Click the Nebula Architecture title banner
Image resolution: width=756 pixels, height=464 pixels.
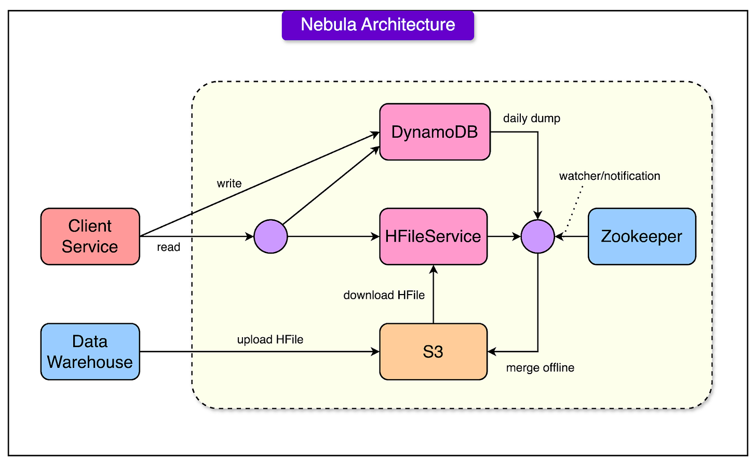pyautogui.click(x=377, y=25)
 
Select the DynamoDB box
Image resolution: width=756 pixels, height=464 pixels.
pyautogui.click(x=435, y=132)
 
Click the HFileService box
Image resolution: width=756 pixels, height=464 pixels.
pyautogui.click(x=433, y=236)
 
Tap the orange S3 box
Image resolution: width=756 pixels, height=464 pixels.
pyautogui.click(x=433, y=352)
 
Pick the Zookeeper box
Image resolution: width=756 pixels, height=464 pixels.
pyautogui.click(x=641, y=236)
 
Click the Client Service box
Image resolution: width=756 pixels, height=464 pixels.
pyautogui.click(x=90, y=236)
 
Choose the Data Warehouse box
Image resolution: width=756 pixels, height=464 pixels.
pyautogui.click(x=90, y=352)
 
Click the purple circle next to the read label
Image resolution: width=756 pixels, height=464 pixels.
pyautogui.click(x=271, y=236)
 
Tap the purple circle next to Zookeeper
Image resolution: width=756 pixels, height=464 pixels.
pyautogui.click(x=538, y=236)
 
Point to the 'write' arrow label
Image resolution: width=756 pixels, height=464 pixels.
pyautogui.click(x=229, y=183)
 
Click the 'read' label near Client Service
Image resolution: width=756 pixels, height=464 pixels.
pyautogui.click(x=168, y=247)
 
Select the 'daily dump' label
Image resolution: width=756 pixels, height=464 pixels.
pyautogui.click(x=531, y=118)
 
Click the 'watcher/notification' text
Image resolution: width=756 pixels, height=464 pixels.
pyautogui.click(x=609, y=176)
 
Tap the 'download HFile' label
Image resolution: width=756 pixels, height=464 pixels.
pyautogui.click(x=384, y=295)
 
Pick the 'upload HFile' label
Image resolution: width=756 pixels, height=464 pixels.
pyautogui.click(x=270, y=340)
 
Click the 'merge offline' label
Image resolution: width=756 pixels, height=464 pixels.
pyautogui.click(x=540, y=368)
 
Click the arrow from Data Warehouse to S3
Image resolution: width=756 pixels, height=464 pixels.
pyautogui.click(x=260, y=352)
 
